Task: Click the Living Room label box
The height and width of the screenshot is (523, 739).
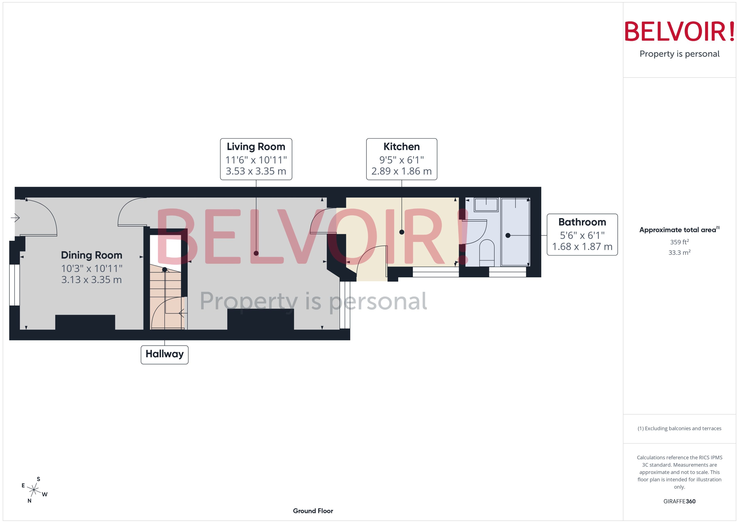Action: coord(256,159)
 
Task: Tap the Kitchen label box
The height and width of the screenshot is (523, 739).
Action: coord(402,159)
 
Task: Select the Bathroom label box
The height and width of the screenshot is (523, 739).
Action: coord(582,234)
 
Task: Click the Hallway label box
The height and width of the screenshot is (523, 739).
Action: coord(164,355)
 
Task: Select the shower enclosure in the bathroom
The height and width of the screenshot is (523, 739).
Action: coord(515,232)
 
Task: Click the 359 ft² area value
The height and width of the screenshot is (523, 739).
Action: coord(679,242)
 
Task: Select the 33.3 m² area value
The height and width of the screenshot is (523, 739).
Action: coord(679,253)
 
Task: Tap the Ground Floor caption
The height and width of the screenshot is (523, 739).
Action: coord(313,511)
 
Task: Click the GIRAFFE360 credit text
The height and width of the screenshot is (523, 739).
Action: coord(679,501)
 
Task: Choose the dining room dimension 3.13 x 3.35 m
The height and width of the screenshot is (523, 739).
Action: coord(91,280)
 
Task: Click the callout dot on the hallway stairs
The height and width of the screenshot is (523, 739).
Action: coord(164,270)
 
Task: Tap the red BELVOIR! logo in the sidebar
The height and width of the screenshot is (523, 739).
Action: coord(679,31)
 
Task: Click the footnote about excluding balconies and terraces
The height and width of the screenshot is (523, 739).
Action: coord(679,428)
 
